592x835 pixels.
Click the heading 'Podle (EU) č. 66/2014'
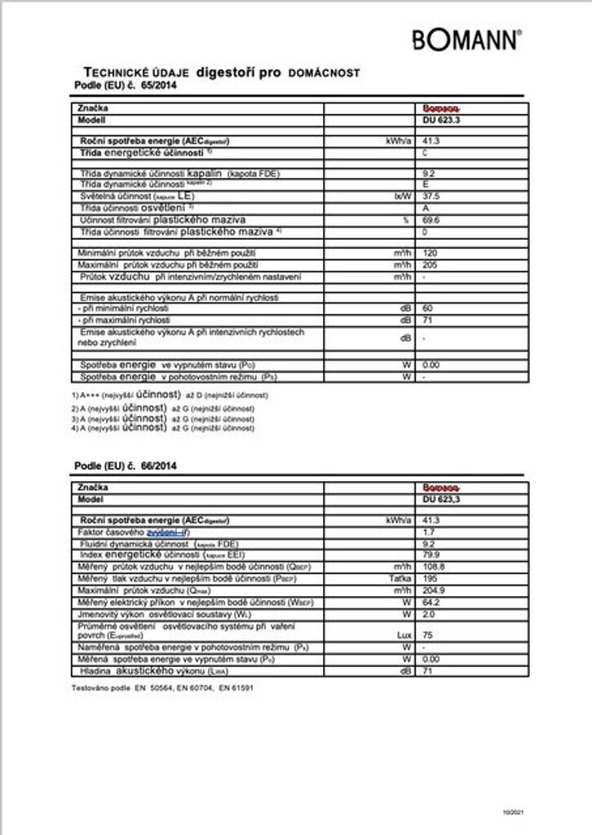(125, 466)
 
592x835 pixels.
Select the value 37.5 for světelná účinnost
(431, 197)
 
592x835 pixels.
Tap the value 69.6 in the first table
(431, 220)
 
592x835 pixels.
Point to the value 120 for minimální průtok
(430, 254)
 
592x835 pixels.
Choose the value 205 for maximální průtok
(430, 266)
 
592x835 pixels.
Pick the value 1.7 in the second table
(428, 532)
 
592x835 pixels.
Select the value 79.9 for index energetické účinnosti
(431, 554)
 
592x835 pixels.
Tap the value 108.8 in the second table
(433, 566)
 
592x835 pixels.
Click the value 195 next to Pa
(430, 577)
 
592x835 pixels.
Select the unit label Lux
(400, 632)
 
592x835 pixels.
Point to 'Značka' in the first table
(91, 108)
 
